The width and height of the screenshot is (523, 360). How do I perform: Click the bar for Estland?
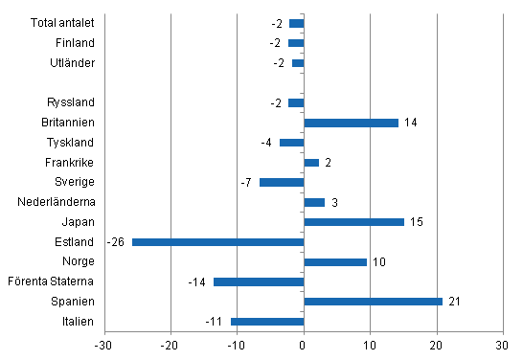click(x=217, y=242)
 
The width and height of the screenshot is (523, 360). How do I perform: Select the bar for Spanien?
click(x=373, y=302)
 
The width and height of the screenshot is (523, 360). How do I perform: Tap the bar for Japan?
click(x=353, y=222)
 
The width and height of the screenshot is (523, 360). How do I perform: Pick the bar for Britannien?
click(x=351, y=123)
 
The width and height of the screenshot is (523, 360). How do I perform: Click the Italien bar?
click(x=267, y=322)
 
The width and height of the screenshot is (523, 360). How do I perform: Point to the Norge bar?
click(x=335, y=261)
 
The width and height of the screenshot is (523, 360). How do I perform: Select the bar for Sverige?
click(x=281, y=182)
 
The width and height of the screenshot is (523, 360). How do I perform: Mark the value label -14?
click(x=199, y=281)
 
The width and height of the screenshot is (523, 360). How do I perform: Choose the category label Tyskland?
click(x=71, y=143)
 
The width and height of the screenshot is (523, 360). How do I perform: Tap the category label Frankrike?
click(x=69, y=163)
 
